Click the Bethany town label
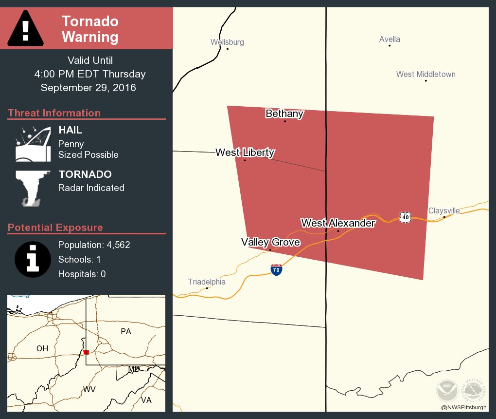tap(284, 114)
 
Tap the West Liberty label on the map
tap(245, 152)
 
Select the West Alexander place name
tap(338, 223)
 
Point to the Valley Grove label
tap(270, 242)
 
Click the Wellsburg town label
tap(227, 42)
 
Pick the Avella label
tap(390, 39)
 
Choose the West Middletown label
tap(425, 75)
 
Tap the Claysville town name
tap(443, 211)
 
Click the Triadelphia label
tap(207, 282)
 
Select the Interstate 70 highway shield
tap(276, 270)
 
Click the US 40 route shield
tap(406, 217)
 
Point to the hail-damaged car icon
tap(33, 144)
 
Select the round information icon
tap(33, 258)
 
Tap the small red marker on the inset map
tap(86, 352)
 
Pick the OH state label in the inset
tap(42, 348)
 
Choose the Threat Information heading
tap(54, 113)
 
